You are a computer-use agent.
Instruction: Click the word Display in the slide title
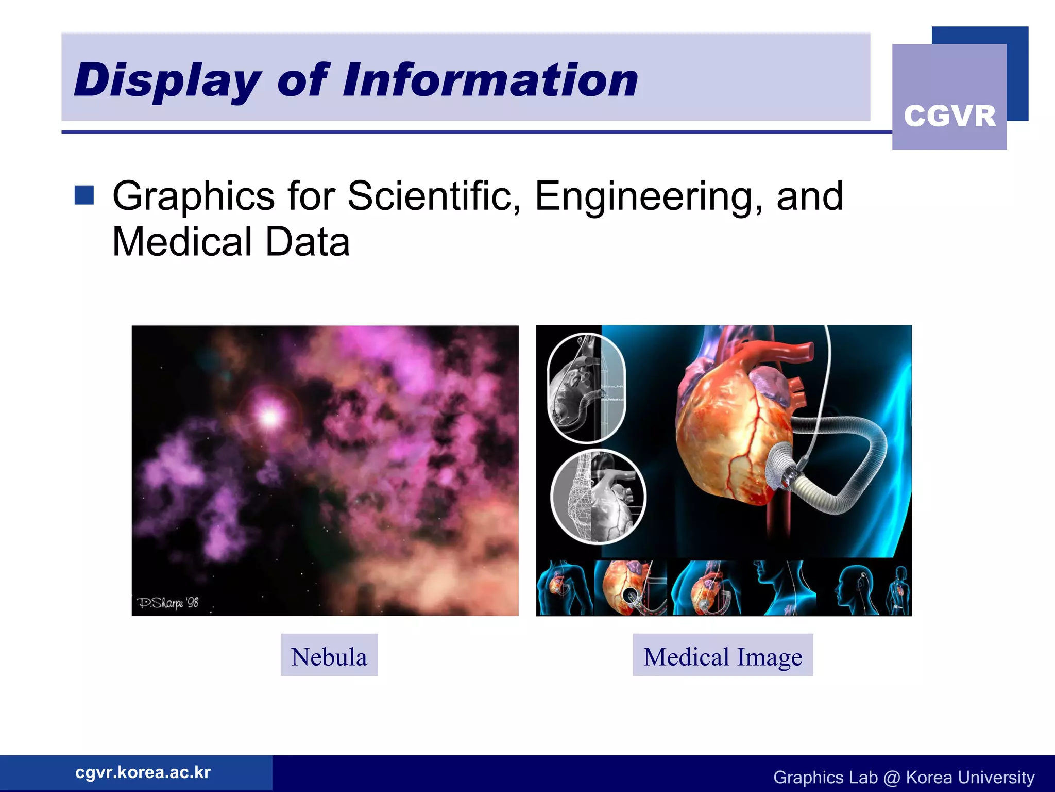[167, 80]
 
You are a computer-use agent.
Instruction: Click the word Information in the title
[490, 80]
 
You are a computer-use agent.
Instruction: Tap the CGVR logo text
[949, 116]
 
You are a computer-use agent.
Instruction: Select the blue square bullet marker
[84, 195]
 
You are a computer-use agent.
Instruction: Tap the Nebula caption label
[329, 656]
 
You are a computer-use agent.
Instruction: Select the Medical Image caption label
[722, 656]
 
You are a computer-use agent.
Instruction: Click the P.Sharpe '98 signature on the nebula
[167, 602]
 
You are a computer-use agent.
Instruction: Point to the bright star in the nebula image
[269, 416]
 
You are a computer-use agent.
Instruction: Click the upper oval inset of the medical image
[586, 388]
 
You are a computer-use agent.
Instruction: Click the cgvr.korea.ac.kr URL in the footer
[143, 772]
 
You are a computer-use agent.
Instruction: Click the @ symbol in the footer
[891, 777]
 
